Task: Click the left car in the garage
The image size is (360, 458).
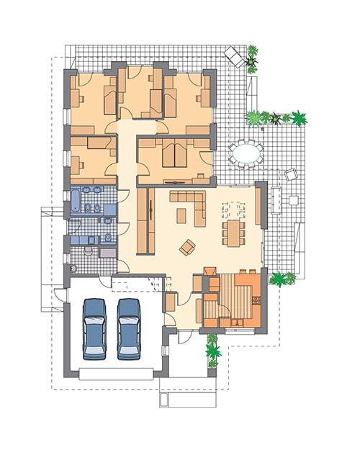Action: pyautogui.click(x=96, y=328)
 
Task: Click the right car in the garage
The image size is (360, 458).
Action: pyautogui.click(x=130, y=328)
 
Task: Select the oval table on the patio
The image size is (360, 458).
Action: pyautogui.click(x=246, y=153)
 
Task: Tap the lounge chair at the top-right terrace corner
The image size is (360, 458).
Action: pyautogui.click(x=235, y=55)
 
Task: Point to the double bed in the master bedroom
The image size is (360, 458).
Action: pyautogui.click(x=174, y=155)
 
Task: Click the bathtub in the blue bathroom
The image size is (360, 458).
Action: pyautogui.click(x=76, y=199)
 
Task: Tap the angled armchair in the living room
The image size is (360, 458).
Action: pyautogui.click(x=188, y=247)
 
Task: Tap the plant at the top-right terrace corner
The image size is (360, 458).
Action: pyautogui.click(x=252, y=58)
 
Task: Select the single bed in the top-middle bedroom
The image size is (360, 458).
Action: pyautogui.click(x=154, y=97)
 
